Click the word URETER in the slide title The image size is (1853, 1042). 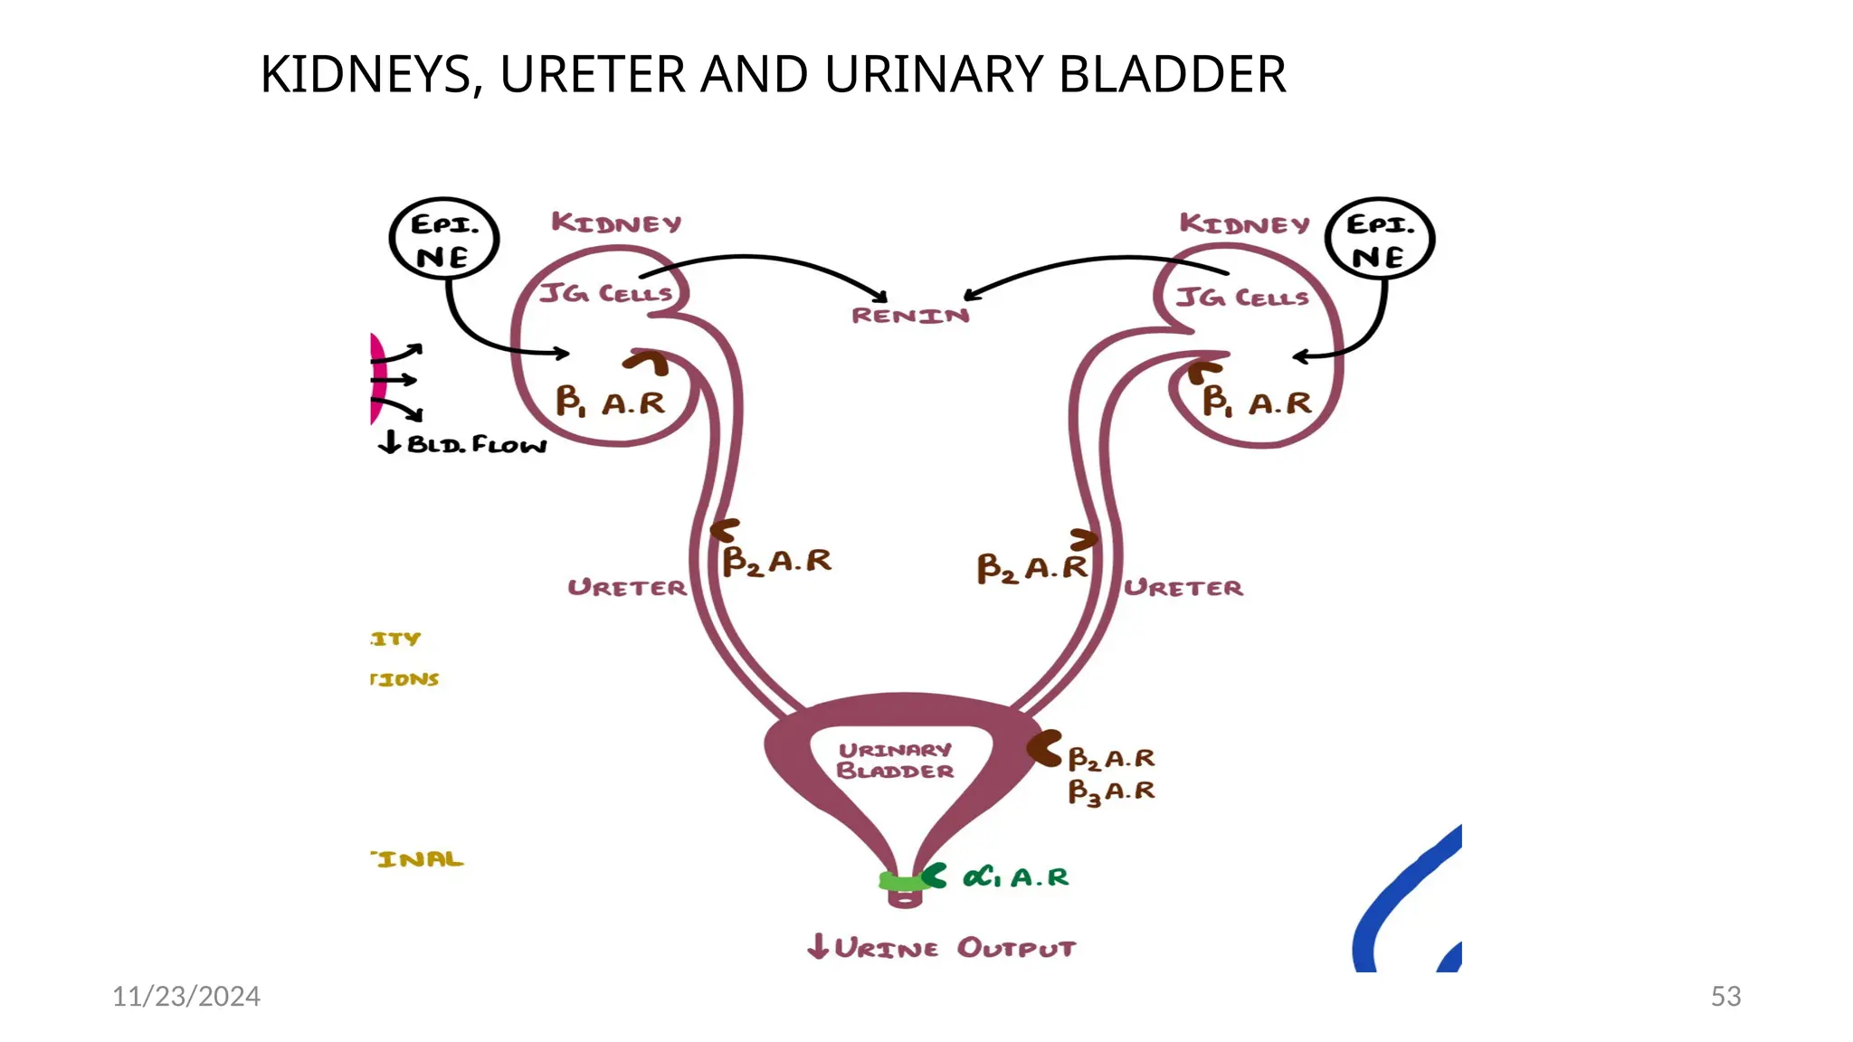click(591, 74)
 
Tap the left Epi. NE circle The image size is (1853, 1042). click(443, 239)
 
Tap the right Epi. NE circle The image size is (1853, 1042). click(1379, 239)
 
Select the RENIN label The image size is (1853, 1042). click(910, 316)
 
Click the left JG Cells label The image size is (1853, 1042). click(605, 294)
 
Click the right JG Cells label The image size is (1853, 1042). click(1242, 298)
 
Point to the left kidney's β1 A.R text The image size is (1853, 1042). click(610, 402)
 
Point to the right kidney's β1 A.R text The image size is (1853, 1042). click(1257, 402)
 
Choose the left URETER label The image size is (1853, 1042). click(627, 588)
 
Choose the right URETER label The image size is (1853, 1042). click(1183, 588)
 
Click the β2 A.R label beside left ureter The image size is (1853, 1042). click(776, 561)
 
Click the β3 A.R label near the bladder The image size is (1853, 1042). click(1111, 791)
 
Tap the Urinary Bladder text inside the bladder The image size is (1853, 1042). click(895, 761)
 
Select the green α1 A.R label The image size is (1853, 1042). click(1015, 877)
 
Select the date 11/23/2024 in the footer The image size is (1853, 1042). click(185, 996)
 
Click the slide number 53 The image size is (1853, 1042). click(1725, 996)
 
